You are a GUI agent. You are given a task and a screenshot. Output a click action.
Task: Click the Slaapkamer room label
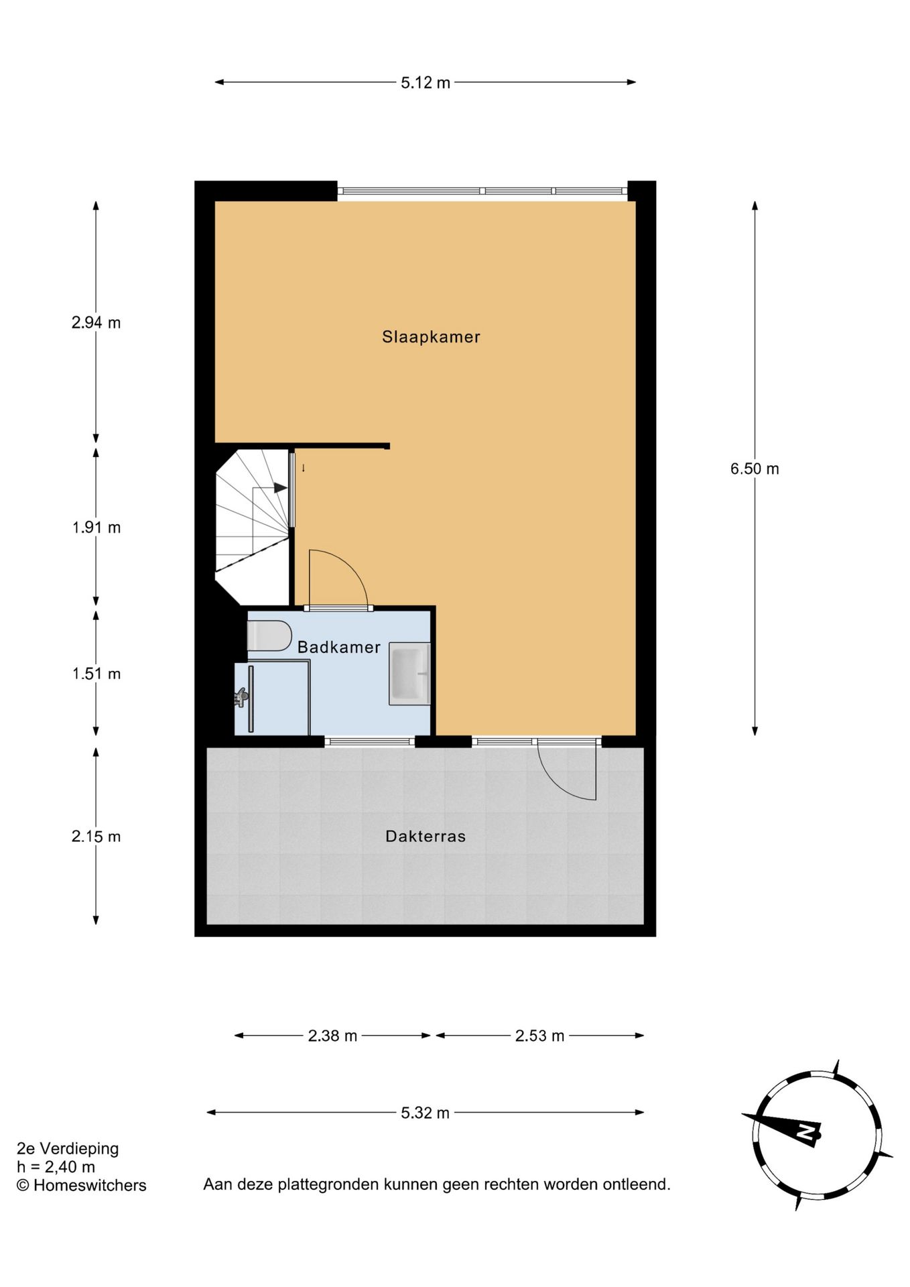tap(431, 336)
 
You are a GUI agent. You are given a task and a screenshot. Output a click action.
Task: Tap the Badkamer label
tap(338, 647)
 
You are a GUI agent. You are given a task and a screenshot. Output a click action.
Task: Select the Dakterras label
tap(425, 836)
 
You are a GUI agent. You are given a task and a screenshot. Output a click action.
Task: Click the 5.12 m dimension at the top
tap(425, 83)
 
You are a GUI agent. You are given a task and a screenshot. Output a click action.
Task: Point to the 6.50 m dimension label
tap(755, 469)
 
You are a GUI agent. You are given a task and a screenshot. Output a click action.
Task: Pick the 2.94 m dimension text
tap(96, 322)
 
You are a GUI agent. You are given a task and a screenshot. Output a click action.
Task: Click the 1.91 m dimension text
tap(96, 528)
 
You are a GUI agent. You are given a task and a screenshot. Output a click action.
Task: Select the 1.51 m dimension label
tap(96, 674)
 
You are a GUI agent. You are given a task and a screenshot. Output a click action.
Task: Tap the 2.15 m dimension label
tap(96, 837)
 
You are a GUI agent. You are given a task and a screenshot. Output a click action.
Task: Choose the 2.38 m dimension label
tap(332, 1036)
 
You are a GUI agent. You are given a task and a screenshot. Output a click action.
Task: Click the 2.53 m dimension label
tap(539, 1036)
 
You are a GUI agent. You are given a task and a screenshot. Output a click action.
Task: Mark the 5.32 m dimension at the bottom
tap(425, 1113)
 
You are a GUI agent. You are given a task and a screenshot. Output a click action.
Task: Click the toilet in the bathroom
tap(269, 635)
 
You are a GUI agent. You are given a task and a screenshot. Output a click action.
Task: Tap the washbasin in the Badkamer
tap(409, 673)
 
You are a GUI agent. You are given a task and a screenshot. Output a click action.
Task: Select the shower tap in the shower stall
tap(241, 697)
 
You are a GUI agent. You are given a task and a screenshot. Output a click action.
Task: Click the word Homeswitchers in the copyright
tap(90, 1185)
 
